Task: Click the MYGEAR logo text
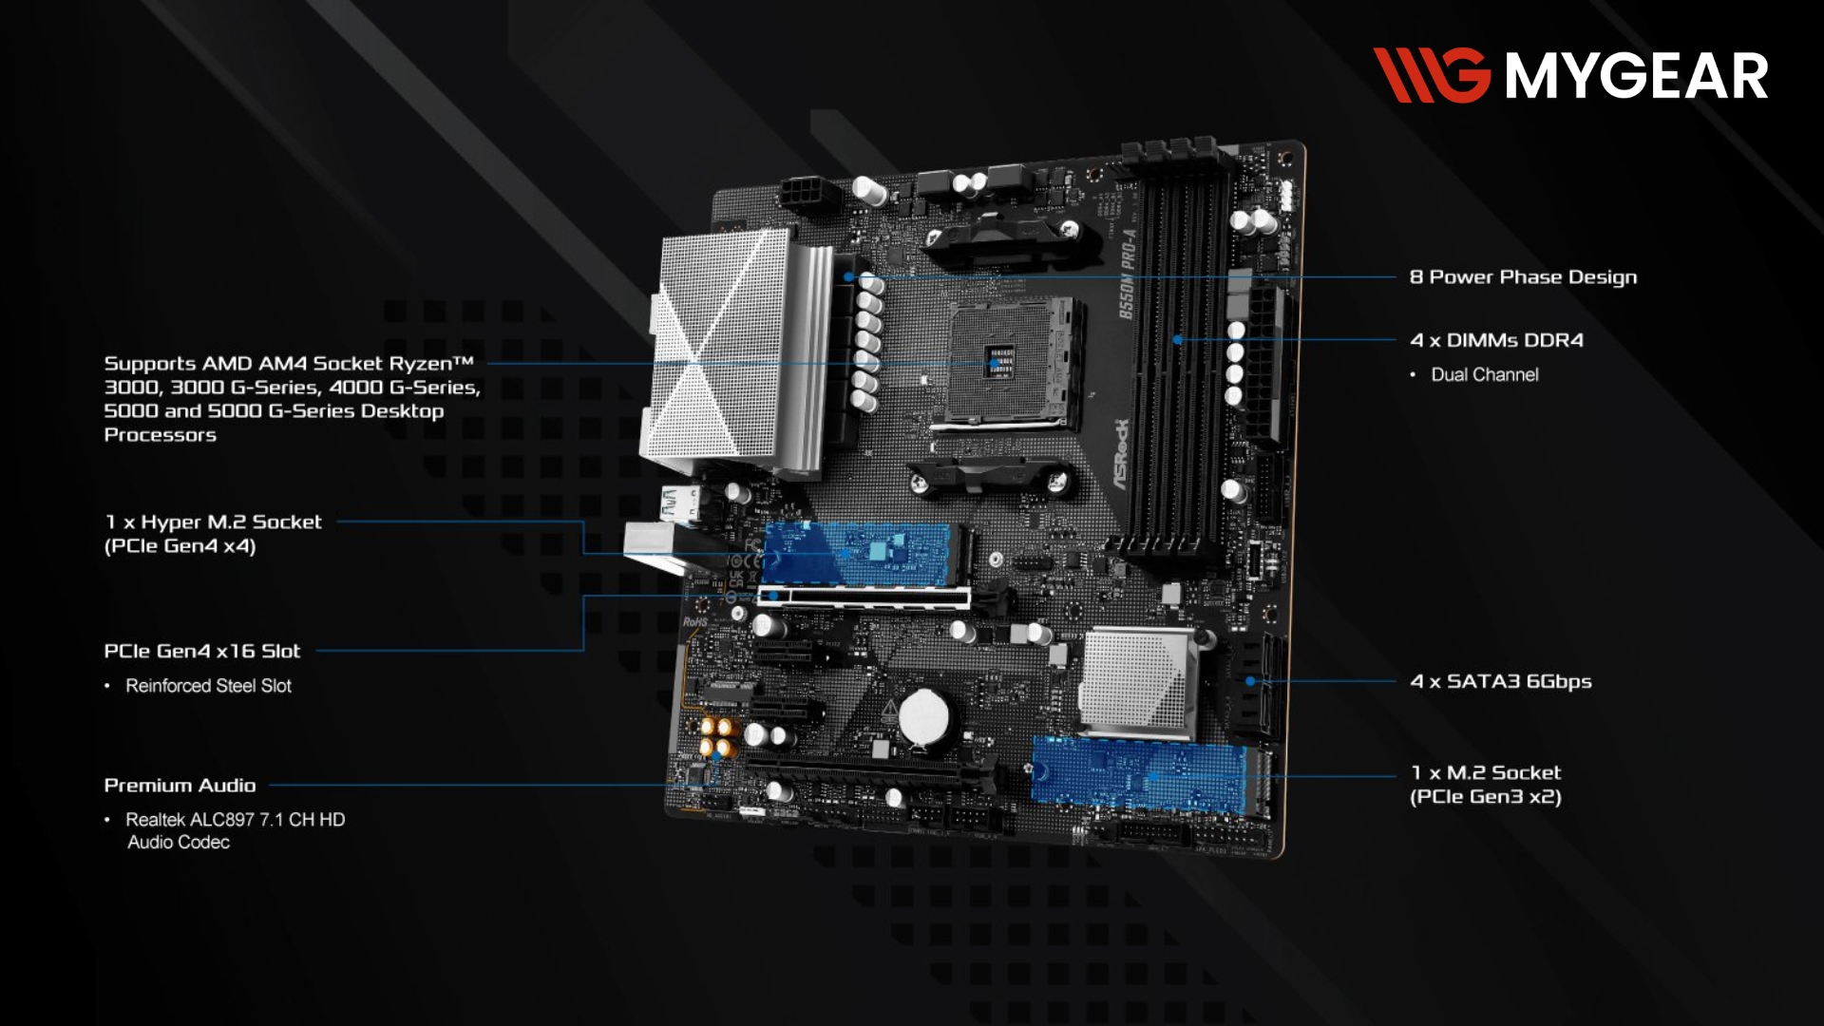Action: tap(1636, 76)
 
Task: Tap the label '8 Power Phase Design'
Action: tap(1523, 277)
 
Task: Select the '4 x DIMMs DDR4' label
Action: tap(1496, 340)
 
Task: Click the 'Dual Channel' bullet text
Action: tap(1484, 375)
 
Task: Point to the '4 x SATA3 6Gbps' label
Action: tap(1501, 681)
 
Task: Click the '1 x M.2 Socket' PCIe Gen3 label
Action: tap(1486, 785)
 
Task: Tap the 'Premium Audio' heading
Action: tap(180, 786)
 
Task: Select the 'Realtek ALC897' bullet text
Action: tap(235, 831)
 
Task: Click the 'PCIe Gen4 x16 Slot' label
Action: tap(201, 652)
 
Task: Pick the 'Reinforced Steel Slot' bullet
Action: tap(208, 686)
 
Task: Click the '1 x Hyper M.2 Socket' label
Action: tap(213, 534)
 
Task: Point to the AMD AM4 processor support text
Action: tap(292, 399)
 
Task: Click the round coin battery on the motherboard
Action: tap(926, 716)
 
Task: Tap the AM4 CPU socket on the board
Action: tap(1013, 362)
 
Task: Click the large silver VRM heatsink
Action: tap(736, 351)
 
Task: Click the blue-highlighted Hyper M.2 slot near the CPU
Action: tap(860, 553)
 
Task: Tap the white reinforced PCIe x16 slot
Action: tap(864, 598)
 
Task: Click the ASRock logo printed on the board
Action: tap(1122, 454)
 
